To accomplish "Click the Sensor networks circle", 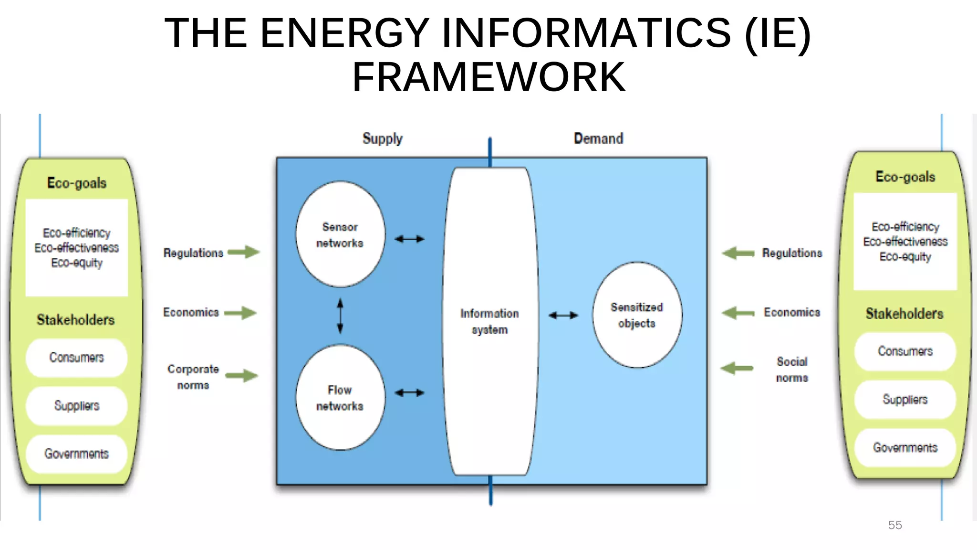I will [x=340, y=234].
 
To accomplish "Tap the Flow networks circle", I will [x=340, y=397].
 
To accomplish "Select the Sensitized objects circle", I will [x=637, y=315].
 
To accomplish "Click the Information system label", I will [x=489, y=321].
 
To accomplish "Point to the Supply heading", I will [x=383, y=138].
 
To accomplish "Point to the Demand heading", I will [x=598, y=138].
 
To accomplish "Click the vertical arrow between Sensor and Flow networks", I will [x=340, y=316].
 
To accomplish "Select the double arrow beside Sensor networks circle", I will [x=409, y=239].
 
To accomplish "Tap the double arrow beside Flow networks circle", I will [x=409, y=392].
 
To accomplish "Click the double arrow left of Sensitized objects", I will [x=563, y=315].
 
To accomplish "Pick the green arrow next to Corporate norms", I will [x=242, y=375].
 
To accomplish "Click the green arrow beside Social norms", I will [x=737, y=368].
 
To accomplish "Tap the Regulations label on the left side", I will [x=193, y=253].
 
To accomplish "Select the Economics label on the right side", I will [x=792, y=312].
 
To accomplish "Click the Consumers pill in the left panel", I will [x=76, y=358].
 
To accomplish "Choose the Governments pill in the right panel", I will [x=905, y=448].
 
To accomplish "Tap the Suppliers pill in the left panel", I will [x=76, y=406].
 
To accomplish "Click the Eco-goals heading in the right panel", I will [x=905, y=177].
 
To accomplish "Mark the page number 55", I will [x=895, y=525].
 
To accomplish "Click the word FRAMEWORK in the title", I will [x=488, y=77].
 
